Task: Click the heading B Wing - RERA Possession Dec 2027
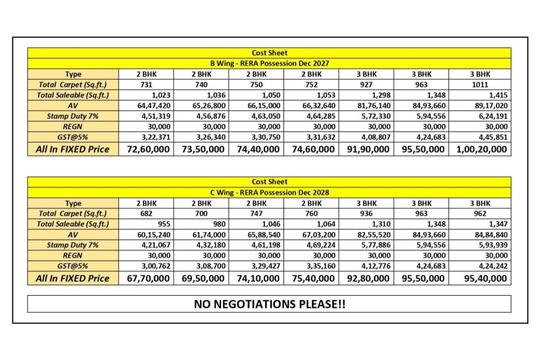point(269,63)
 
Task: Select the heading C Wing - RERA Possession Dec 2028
point(269,192)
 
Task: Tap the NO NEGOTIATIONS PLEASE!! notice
point(269,304)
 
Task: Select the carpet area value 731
point(146,85)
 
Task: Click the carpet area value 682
point(146,214)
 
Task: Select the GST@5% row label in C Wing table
point(73,267)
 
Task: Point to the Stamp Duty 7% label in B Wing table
point(73,116)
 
